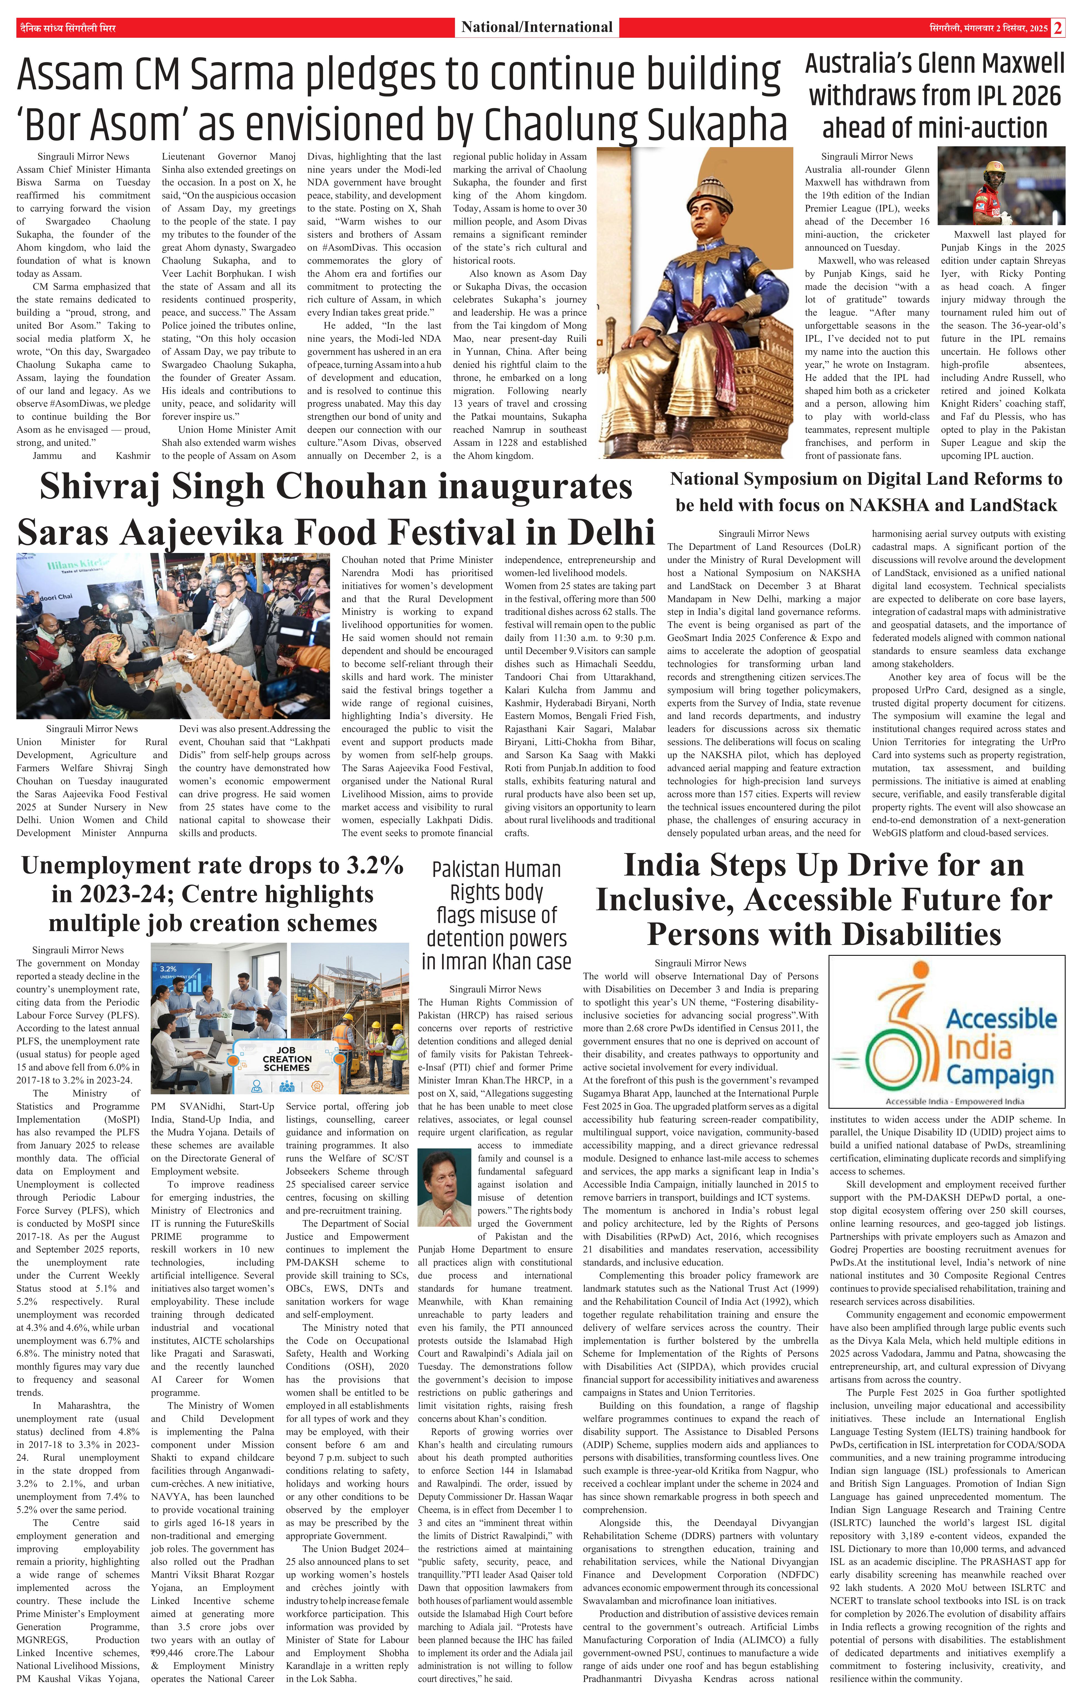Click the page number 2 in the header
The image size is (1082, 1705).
pos(1058,27)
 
